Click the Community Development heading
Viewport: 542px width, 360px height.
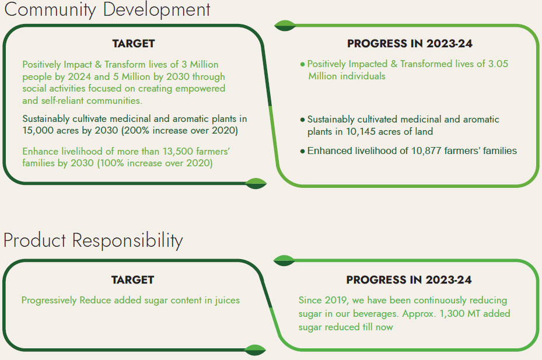[107, 10]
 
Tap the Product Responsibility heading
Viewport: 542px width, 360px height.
[93, 240]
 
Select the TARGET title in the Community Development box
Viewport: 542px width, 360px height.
[134, 44]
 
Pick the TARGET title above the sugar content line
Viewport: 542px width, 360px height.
[133, 279]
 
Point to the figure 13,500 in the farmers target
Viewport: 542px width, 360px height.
[178, 151]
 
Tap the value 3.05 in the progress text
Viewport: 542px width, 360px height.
[498, 64]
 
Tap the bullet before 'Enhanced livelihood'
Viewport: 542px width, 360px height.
[302, 151]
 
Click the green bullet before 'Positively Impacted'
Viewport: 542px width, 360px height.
[302, 64]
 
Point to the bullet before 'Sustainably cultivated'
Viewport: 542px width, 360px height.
[302, 120]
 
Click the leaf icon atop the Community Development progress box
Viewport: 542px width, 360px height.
[285, 26]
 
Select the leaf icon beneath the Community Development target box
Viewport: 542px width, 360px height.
[256, 183]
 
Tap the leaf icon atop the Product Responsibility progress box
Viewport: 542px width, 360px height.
[284, 260]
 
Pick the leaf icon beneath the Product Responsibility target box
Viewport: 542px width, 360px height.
[255, 350]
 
